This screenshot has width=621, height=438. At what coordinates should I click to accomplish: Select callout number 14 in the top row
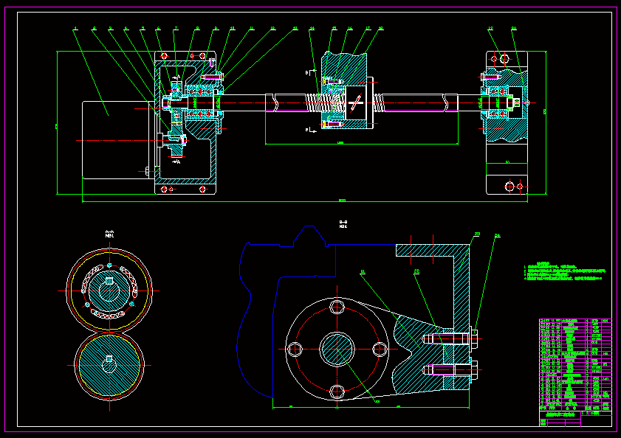tap(312, 29)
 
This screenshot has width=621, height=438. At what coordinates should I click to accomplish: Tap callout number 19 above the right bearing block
tap(490, 29)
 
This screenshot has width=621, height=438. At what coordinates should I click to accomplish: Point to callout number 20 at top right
tap(514, 29)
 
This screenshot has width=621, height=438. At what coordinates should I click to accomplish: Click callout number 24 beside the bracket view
tap(497, 236)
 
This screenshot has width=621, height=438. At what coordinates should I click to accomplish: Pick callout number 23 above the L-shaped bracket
tap(477, 234)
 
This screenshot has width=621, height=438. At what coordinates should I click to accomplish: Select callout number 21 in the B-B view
tap(363, 271)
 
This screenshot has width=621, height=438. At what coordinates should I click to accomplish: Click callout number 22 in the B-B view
tap(417, 271)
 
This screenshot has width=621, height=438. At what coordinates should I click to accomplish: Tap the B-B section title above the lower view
tap(343, 223)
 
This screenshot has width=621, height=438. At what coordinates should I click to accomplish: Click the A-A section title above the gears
tap(109, 234)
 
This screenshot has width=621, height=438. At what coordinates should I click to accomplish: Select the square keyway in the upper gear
tap(109, 281)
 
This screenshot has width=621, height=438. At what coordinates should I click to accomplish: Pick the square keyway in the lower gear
tap(109, 358)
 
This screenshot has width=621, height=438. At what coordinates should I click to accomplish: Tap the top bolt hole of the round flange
tap(337, 307)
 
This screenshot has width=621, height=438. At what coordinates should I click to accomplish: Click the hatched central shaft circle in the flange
tap(337, 349)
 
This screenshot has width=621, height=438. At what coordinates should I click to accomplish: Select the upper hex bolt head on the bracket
tap(473, 338)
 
